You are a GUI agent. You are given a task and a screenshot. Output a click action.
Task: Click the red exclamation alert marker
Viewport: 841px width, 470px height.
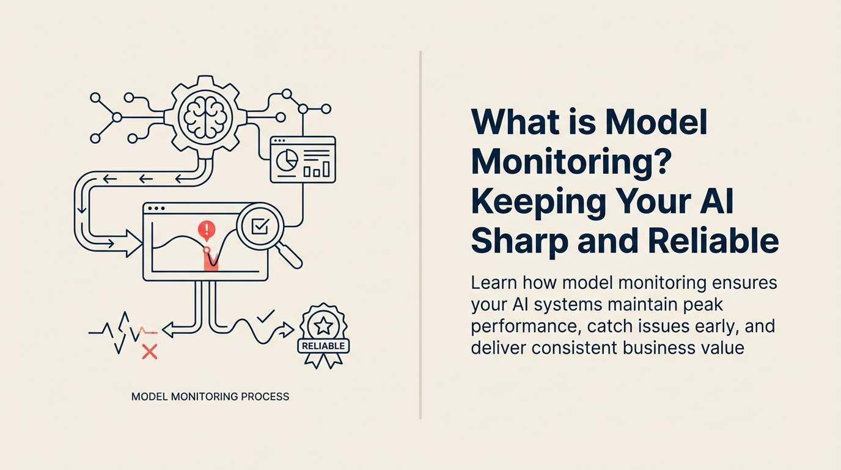207,231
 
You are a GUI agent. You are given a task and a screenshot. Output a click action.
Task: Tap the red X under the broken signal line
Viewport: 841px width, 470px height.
150,351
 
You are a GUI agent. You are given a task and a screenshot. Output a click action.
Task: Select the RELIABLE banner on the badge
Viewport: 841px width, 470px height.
323,346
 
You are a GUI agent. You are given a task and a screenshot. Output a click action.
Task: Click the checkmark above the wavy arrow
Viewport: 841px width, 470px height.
265,316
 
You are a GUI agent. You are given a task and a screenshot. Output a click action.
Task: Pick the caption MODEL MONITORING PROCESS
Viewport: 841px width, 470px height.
210,397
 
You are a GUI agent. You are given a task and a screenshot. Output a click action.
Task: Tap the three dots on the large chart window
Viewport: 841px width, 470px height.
156,209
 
